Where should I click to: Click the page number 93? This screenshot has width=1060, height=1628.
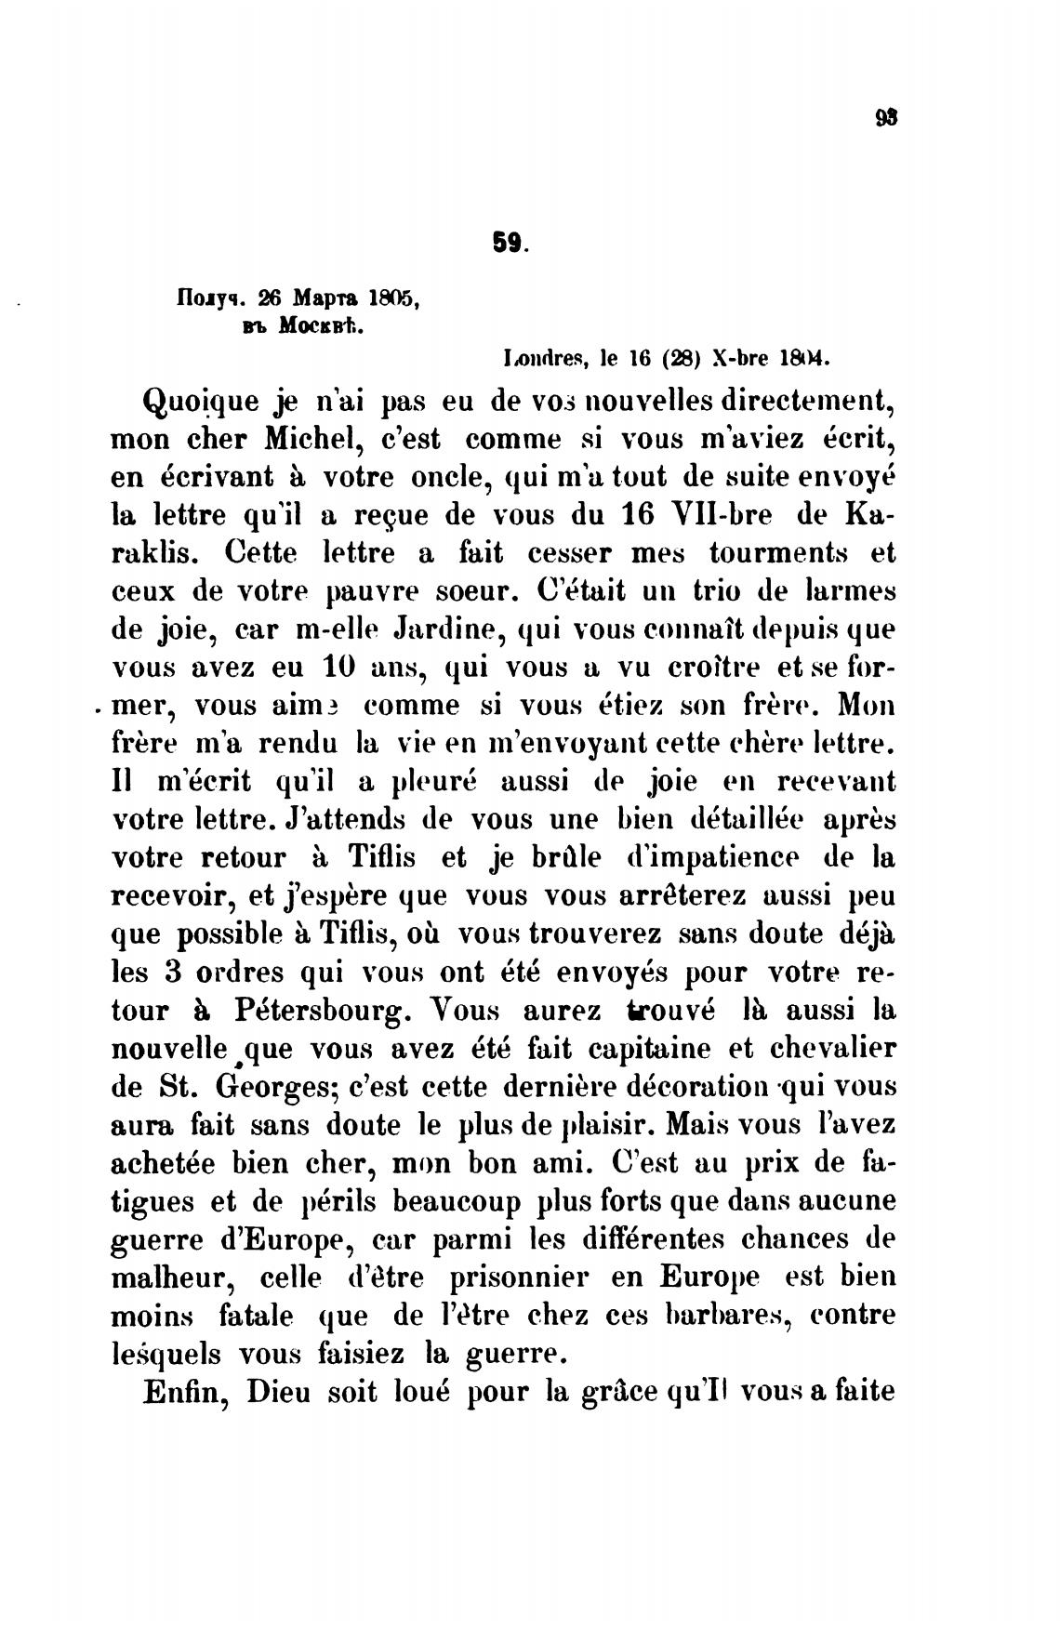click(x=884, y=119)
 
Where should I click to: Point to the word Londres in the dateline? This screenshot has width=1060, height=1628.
click(x=539, y=357)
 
